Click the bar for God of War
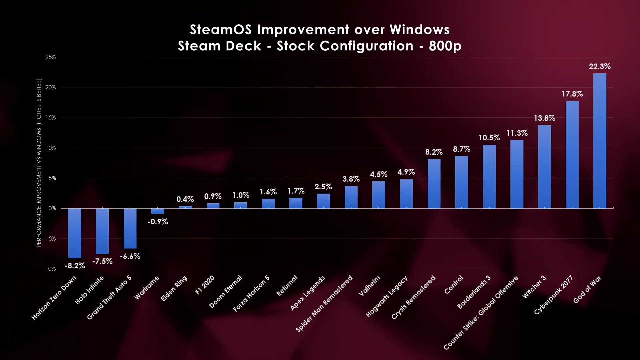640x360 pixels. click(600, 141)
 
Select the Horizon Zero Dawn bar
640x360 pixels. click(75, 233)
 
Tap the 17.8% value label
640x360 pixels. click(572, 94)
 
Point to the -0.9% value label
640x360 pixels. click(158, 222)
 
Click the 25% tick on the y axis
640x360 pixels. click(51, 57)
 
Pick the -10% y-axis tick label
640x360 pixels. click(50, 269)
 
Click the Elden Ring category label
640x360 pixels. click(174, 289)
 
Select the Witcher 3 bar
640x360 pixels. click(544, 167)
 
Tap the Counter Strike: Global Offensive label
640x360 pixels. click(481, 313)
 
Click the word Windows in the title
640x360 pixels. click(419, 30)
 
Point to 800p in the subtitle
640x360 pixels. click(445, 46)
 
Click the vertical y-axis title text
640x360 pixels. click(39, 163)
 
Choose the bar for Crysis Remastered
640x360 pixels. click(434, 184)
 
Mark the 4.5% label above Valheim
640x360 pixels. click(379, 174)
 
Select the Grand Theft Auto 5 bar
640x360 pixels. click(130, 228)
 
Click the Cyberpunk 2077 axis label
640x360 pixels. click(553, 295)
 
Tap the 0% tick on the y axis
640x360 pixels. click(52, 208)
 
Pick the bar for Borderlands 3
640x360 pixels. click(489, 177)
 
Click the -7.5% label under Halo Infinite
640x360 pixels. click(102, 261)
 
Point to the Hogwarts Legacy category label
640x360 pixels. click(387, 297)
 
